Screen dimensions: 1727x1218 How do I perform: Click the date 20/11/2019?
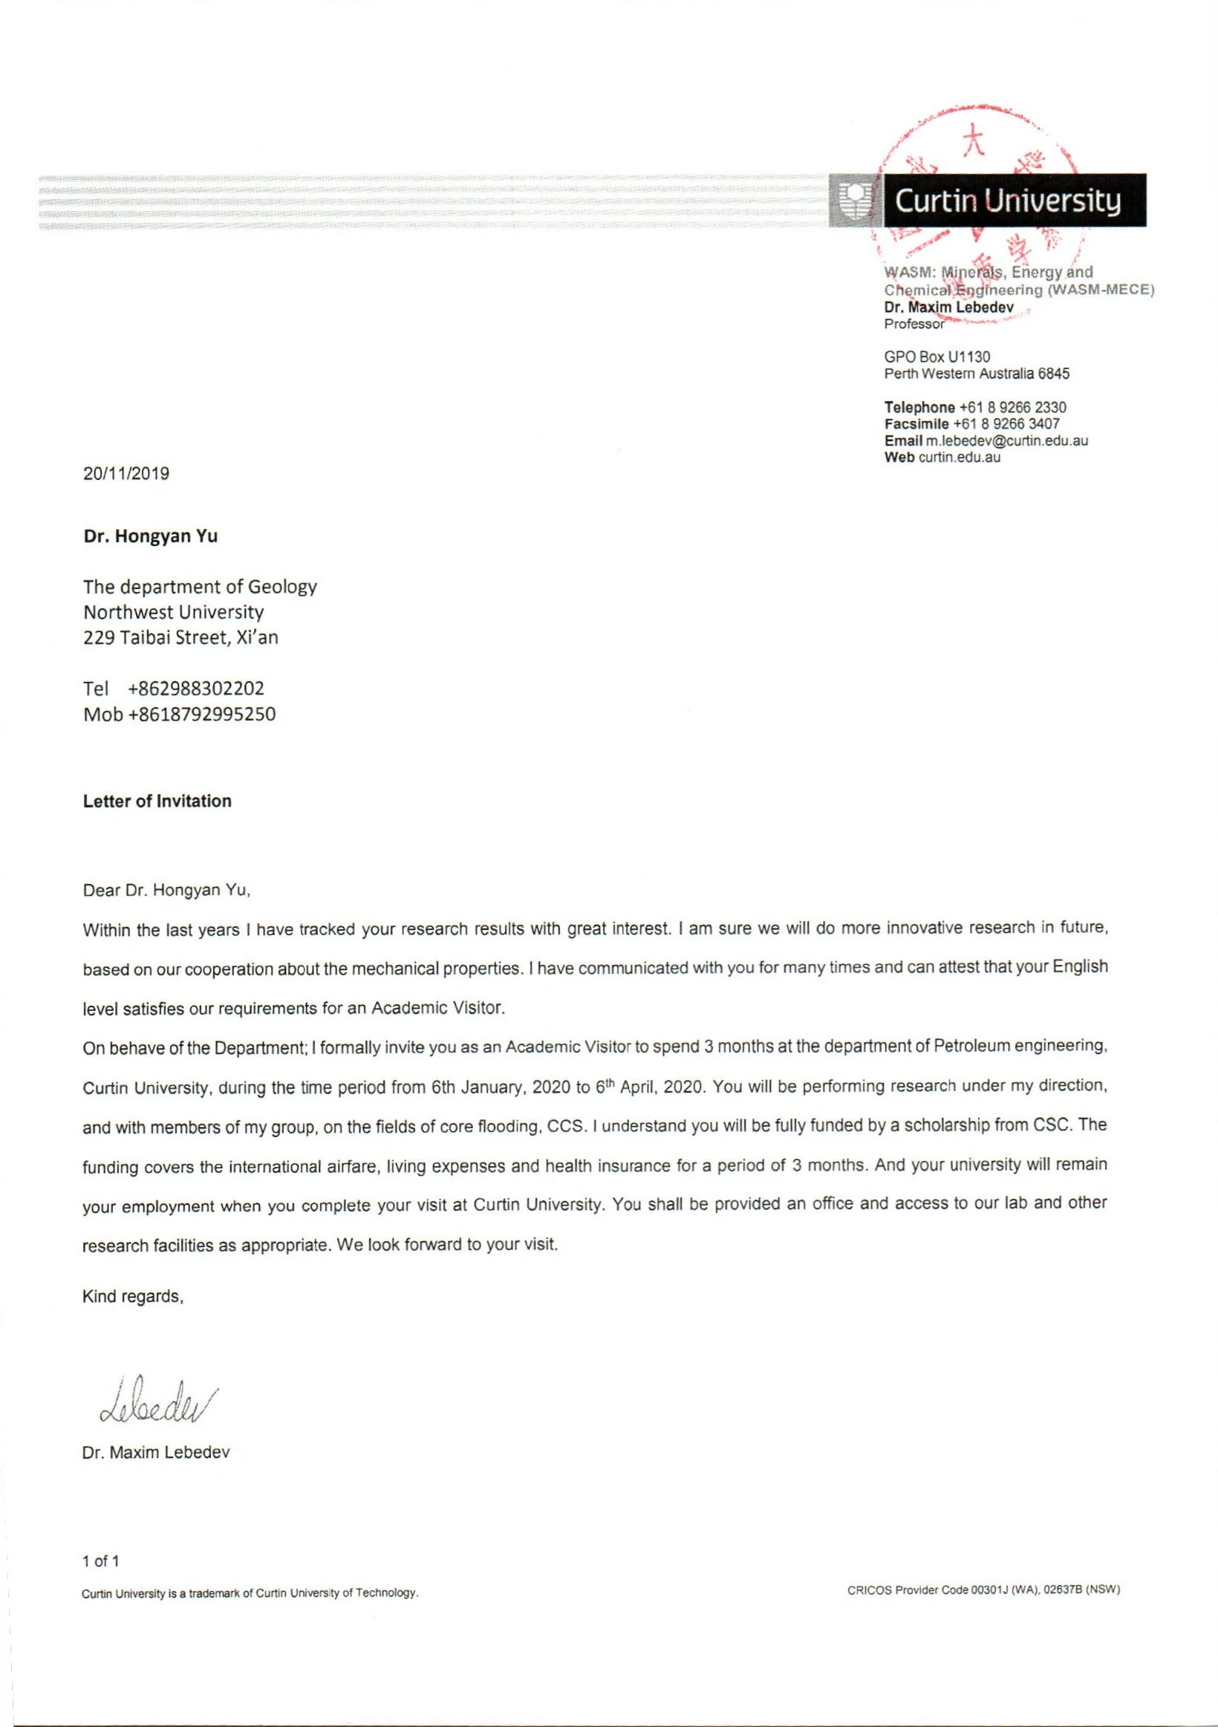pos(126,474)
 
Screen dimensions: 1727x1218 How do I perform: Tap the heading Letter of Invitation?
pos(157,801)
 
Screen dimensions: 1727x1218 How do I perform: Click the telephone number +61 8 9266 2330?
pos(1013,408)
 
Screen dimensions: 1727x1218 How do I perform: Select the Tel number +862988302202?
pos(196,689)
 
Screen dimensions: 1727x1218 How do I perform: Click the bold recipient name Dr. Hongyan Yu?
pos(150,537)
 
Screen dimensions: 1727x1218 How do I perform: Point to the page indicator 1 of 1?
pos(101,1561)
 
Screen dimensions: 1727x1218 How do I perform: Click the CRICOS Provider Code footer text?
pos(983,1590)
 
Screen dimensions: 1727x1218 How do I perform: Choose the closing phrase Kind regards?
pos(133,1296)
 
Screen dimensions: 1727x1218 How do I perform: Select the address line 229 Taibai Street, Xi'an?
pos(180,638)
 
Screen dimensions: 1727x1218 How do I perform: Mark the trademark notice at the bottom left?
pos(250,1593)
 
